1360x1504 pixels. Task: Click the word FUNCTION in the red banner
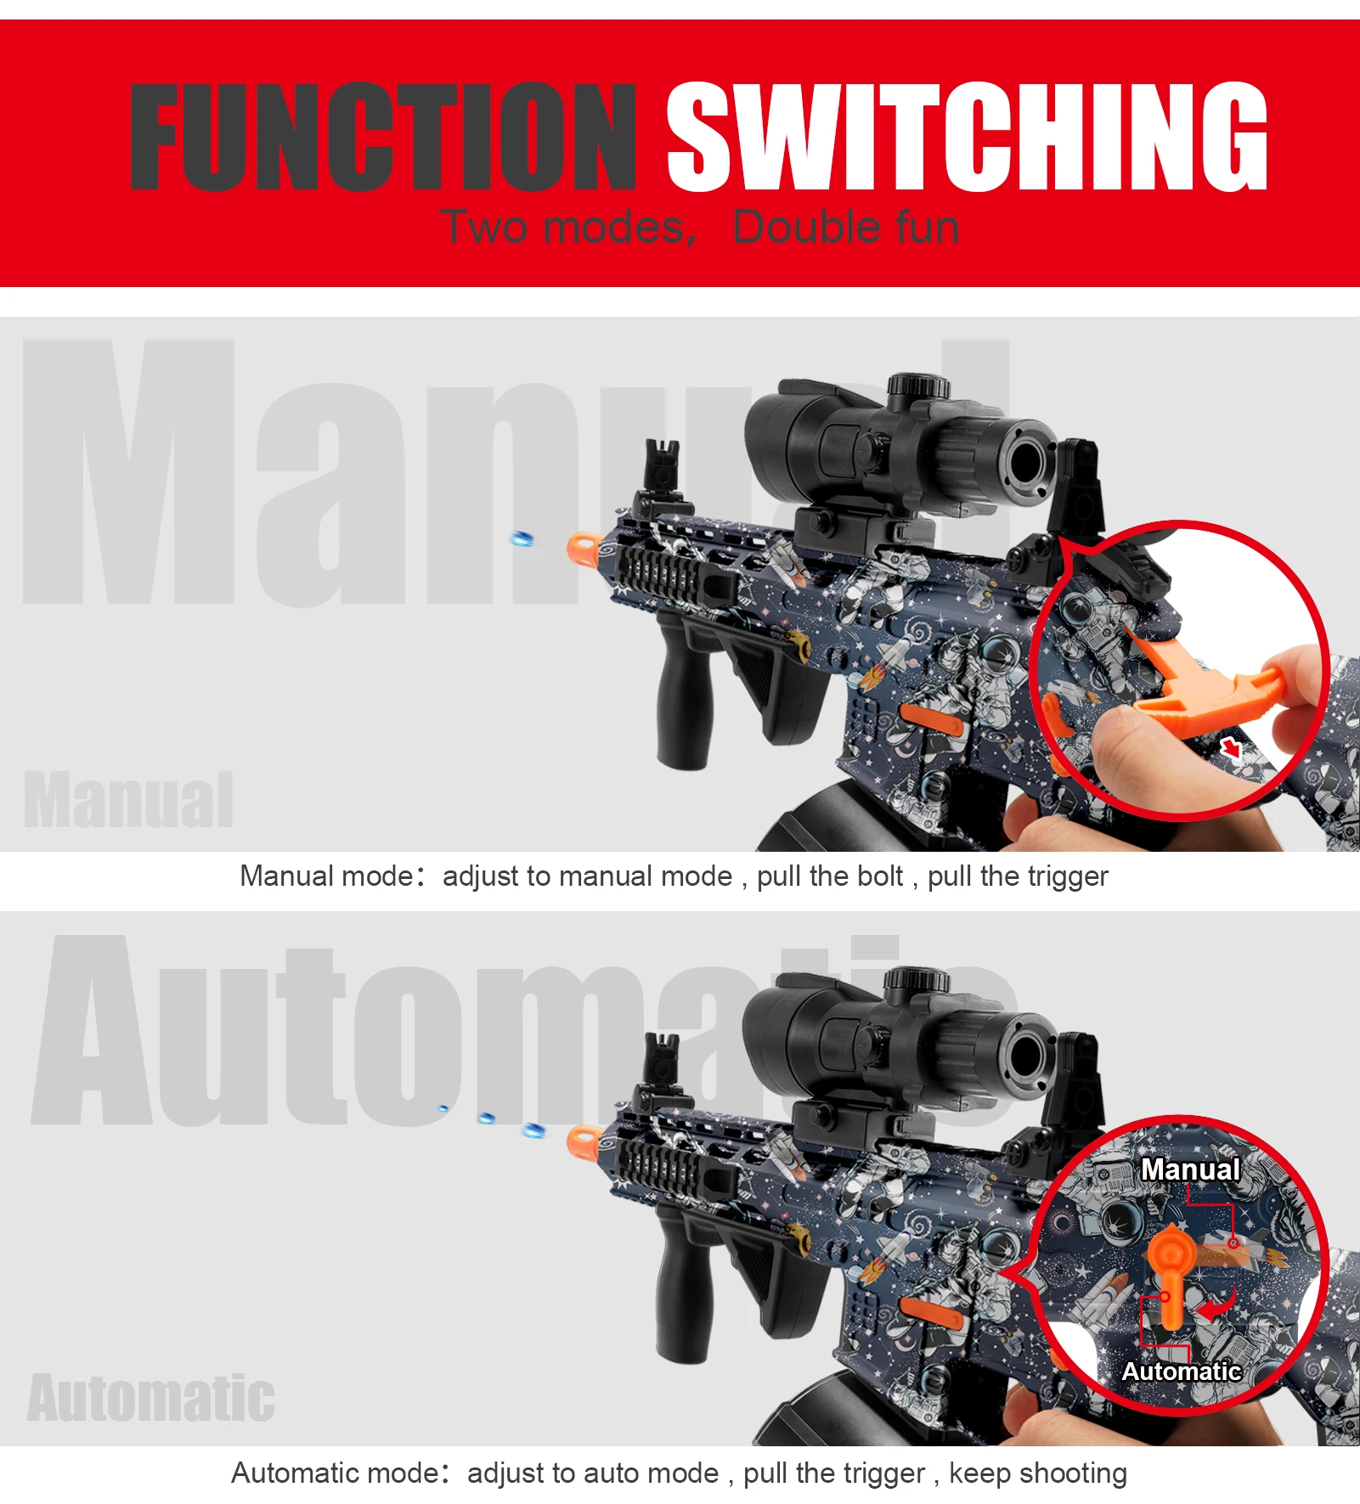tap(382, 137)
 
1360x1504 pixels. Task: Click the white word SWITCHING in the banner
tap(967, 137)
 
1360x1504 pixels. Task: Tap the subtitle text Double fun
tap(846, 228)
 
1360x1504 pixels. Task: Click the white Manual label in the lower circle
tap(1190, 1169)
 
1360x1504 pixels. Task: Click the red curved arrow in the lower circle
tap(1218, 1303)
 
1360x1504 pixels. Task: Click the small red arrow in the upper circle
tap(1231, 748)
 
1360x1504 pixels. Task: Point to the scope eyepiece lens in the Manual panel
tap(1027, 460)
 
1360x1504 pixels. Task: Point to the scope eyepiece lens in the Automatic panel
tap(1027, 1055)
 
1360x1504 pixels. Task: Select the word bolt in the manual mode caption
tap(881, 876)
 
